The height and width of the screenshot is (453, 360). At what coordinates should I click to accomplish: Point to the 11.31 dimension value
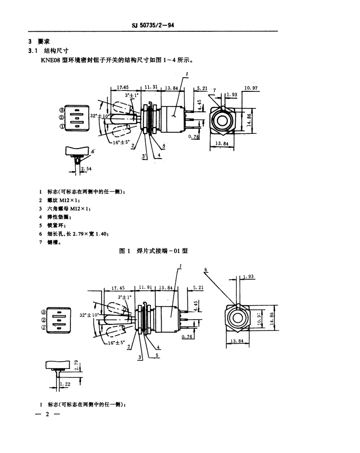151,87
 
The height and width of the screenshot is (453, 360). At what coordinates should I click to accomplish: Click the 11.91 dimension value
146,287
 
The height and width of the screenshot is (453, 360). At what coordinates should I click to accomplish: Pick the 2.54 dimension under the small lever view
86,169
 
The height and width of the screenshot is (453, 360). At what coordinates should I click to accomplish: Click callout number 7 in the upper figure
214,91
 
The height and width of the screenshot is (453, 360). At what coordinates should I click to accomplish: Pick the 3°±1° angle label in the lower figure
125,297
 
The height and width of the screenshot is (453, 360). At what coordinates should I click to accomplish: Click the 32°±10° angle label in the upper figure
100,116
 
